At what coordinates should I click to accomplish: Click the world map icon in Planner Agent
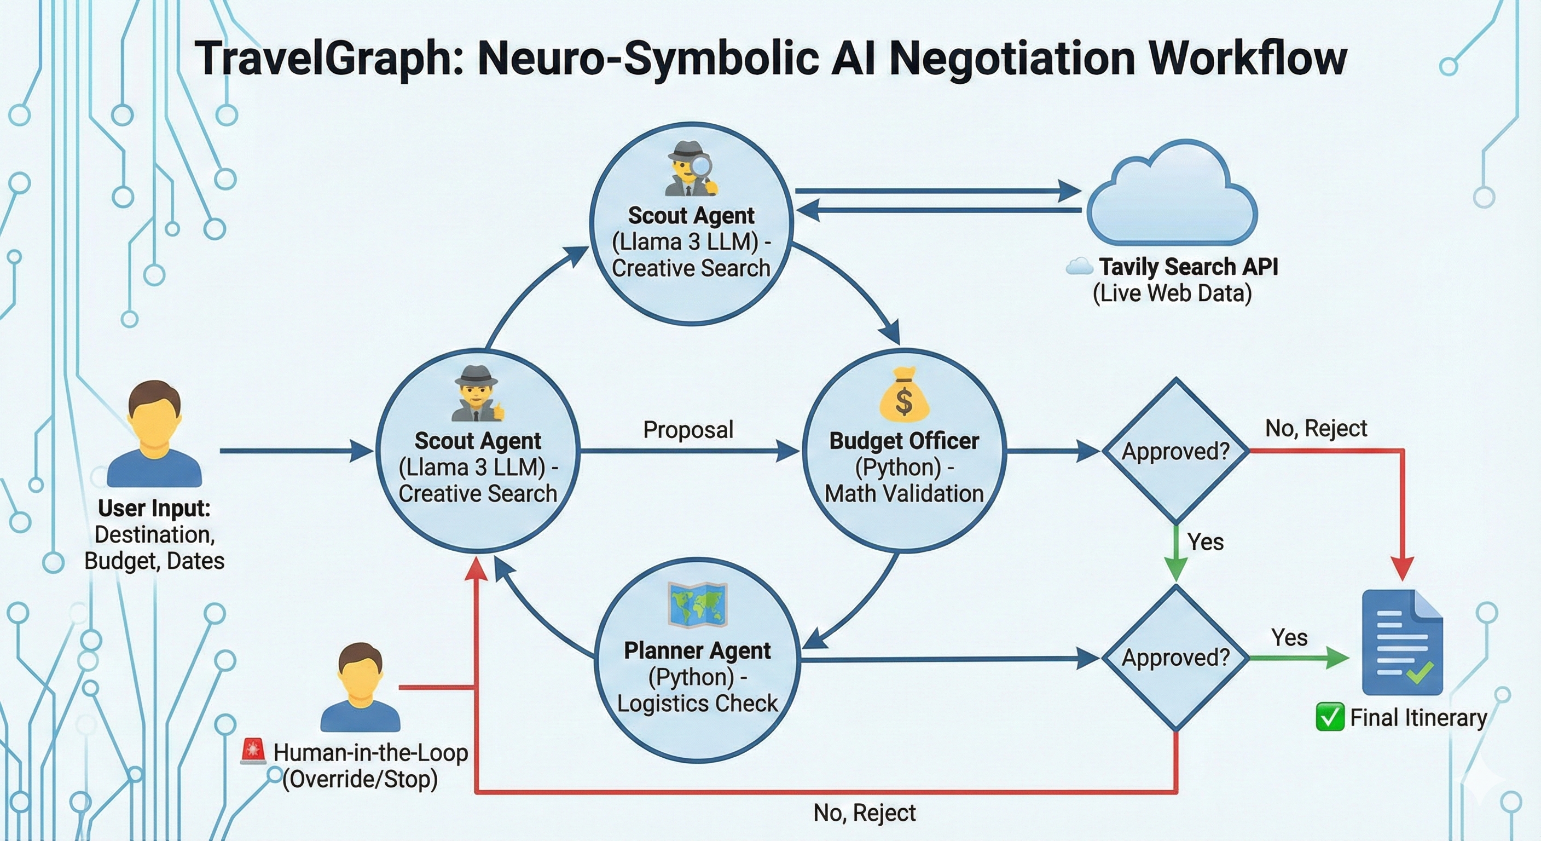(697, 604)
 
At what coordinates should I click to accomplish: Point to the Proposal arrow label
(688, 430)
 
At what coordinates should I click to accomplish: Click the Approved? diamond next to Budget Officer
(1175, 451)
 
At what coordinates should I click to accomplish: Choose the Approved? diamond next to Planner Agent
(1175, 657)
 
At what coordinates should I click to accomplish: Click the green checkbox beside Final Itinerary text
(1329, 717)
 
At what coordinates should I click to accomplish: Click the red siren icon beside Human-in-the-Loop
(252, 751)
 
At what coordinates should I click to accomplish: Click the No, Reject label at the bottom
(865, 813)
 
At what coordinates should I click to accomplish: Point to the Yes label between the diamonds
(1206, 542)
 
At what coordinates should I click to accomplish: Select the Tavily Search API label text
(1188, 266)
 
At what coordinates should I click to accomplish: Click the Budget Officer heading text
(904, 441)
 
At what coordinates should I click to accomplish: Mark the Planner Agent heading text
(697, 650)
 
